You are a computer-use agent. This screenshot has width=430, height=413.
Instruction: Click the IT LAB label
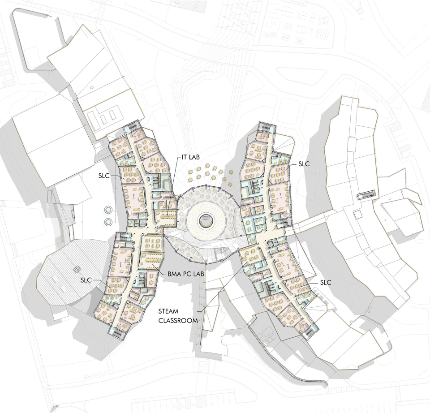click(191, 157)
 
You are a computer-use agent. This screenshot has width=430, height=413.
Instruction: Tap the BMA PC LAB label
click(185, 274)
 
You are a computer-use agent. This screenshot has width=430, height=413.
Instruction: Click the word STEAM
click(168, 311)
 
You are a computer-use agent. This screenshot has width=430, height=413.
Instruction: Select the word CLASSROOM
click(178, 320)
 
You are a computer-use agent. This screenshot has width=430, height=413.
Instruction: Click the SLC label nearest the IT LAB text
click(104, 176)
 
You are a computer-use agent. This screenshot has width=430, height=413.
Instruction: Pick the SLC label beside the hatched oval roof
click(86, 280)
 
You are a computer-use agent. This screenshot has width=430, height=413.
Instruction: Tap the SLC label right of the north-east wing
click(304, 163)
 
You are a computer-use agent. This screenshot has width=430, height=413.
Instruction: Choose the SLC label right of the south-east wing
click(326, 282)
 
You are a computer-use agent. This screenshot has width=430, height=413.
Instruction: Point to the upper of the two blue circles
click(108, 210)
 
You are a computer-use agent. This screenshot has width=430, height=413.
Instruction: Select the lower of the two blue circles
click(108, 221)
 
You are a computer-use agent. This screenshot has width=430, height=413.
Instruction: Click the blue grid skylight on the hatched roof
click(77, 269)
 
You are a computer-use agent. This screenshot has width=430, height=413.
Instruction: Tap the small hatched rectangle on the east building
click(366, 194)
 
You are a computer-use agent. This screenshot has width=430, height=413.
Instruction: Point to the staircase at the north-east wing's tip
click(265, 125)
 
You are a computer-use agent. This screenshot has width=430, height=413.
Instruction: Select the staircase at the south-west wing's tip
click(119, 333)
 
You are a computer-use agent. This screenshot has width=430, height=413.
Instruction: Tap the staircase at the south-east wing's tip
click(310, 331)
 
